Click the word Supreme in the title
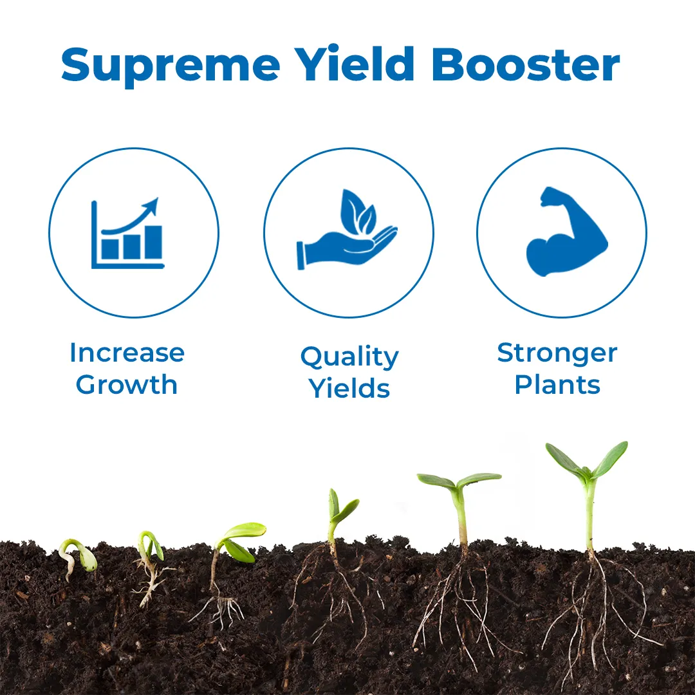(171, 66)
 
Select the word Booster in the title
(526, 64)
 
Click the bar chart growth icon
(127, 233)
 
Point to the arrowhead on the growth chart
(152, 206)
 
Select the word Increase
(127, 353)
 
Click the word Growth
(127, 384)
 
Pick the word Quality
(349, 357)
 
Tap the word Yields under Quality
(349, 388)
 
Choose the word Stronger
(557, 354)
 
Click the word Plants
(557, 384)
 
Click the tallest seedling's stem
(590, 516)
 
